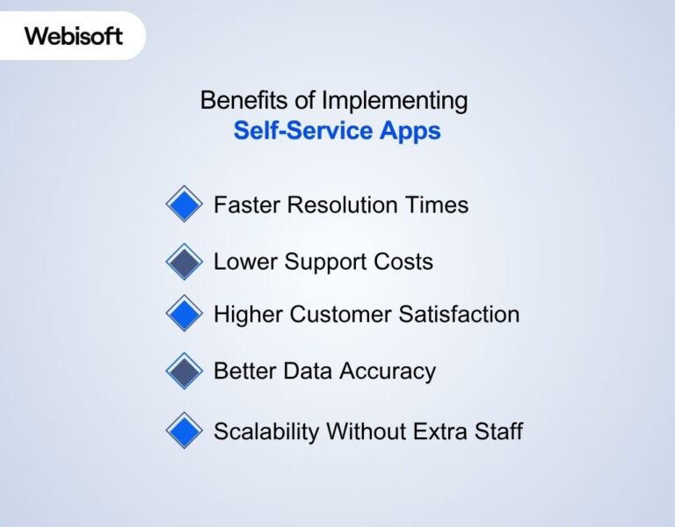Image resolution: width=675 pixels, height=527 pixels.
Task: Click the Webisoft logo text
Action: click(74, 36)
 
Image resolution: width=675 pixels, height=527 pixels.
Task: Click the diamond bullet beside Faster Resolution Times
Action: click(184, 205)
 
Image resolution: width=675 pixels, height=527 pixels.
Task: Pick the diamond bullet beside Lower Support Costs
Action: click(184, 262)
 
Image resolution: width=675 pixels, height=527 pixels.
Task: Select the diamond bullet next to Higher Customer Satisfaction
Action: click(184, 314)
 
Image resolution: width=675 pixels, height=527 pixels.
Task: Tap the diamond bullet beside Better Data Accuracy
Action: click(184, 371)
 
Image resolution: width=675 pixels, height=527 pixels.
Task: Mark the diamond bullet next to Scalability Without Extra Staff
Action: click(184, 431)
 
